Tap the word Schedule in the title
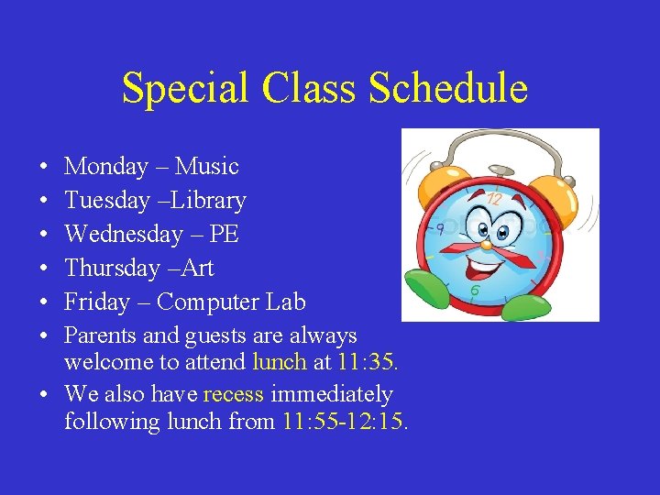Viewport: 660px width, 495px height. pos(448,89)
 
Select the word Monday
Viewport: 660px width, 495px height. pos(106,167)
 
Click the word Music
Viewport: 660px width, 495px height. pos(207,167)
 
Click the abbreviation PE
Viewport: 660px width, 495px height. pos(224,235)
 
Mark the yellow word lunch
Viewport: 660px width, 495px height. pos(280,362)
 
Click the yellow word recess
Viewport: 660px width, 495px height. pos(233,395)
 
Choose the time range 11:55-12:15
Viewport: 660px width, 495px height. pos(346,422)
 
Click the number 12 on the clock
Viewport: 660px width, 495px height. pos(494,198)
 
